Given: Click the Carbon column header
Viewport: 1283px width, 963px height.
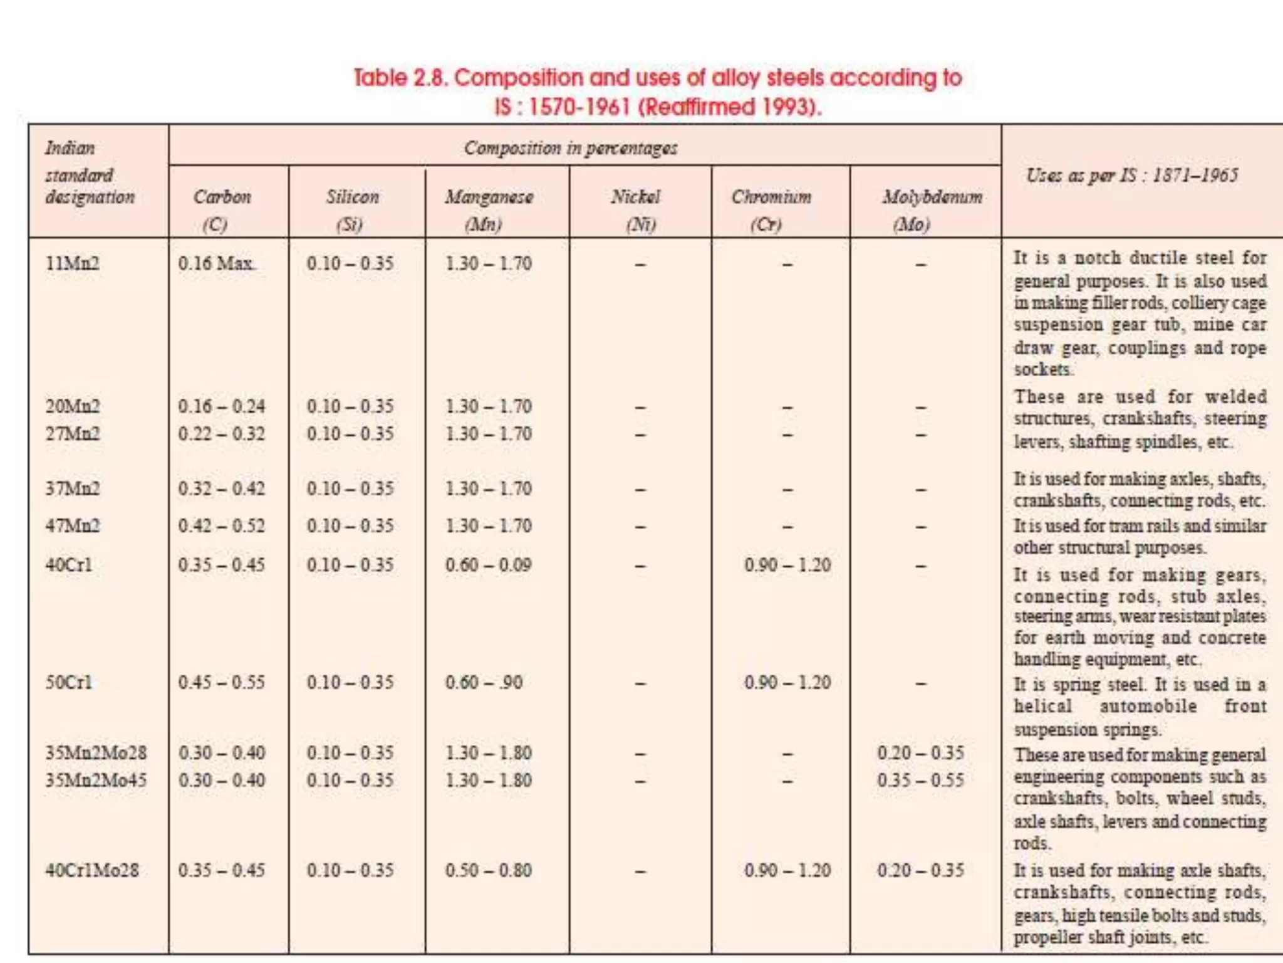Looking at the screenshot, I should (x=222, y=209).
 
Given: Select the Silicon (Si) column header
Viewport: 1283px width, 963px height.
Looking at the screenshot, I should (x=352, y=209).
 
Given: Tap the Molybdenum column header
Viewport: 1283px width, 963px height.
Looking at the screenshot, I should (x=932, y=209).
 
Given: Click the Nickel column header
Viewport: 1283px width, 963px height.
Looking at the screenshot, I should (x=635, y=209).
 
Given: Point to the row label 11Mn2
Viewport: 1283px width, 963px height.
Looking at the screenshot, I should (x=72, y=263).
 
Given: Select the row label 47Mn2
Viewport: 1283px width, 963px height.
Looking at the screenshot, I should (x=72, y=525).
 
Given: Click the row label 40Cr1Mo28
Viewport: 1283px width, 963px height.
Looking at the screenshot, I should (x=91, y=870).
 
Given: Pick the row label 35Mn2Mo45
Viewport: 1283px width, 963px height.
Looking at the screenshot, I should (x=95, y=780).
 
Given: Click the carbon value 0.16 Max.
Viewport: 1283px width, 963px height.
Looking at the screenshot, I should (x=216, y=263).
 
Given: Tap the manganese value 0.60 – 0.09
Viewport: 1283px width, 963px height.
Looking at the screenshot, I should (x=488, y=565).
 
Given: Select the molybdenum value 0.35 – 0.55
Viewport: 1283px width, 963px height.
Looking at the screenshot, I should (x=920, y=780).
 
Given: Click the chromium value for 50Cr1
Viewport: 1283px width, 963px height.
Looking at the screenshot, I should (x=787, y=682).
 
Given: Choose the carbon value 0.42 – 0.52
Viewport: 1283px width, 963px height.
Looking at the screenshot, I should (x=221, y=525).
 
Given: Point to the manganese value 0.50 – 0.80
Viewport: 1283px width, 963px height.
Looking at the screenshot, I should (x=488, y=870).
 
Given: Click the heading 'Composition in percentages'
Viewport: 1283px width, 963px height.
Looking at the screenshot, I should (x=570, y=148).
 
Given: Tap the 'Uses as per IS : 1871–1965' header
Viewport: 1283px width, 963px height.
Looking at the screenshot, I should (x=1131, y=176).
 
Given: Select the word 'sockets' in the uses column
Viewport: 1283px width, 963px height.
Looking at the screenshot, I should (x=1042, y=369).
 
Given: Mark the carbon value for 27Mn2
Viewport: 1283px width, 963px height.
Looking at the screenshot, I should (x=221, y=434).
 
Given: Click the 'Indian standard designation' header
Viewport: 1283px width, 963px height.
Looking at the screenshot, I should (x=89, y=173).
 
